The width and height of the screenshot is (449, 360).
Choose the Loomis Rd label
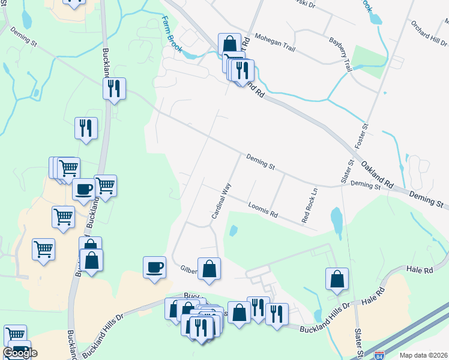(263, 210)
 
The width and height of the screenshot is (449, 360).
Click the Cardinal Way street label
(220, 200)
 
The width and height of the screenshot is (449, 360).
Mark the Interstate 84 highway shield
(379, 355)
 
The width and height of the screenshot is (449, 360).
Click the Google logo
(20, 353)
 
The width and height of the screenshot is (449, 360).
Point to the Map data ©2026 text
(423, 355)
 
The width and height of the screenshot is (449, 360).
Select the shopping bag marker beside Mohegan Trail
(229, 43)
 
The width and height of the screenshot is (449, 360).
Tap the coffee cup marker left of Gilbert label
(154, 266)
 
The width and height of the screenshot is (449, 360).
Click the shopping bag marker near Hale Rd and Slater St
(337, 278)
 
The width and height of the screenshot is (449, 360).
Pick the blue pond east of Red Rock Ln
(336, 220)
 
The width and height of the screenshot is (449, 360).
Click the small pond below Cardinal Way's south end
(233, 230)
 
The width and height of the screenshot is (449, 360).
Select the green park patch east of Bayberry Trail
(369, 61)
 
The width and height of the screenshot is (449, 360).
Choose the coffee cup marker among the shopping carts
(83, 188)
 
